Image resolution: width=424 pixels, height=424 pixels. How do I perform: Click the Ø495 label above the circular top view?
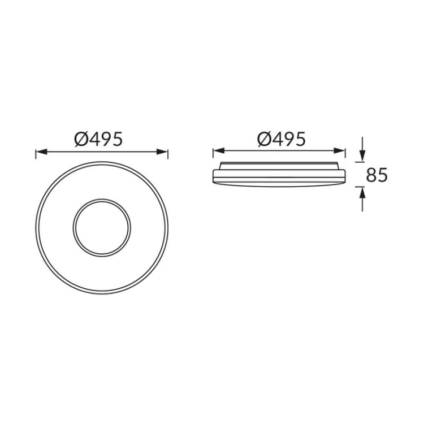coord(98,139)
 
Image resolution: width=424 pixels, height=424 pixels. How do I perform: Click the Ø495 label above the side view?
coord(281,139)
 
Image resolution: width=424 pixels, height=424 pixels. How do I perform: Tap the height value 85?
coord(377,175)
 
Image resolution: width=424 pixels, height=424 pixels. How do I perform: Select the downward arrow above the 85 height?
coord(362,156)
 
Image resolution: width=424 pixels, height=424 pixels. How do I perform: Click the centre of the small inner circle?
coord(102,228)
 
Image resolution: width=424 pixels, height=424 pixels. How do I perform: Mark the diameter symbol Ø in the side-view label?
coord(264,139)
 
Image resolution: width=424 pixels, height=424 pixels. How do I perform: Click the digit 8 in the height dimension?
coord(371,175)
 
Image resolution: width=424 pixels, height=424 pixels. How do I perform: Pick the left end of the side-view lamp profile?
coord(213,176)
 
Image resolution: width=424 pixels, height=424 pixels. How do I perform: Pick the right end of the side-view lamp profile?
coord(344,176)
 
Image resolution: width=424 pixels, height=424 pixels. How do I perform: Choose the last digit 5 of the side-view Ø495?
coord(300,139)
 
